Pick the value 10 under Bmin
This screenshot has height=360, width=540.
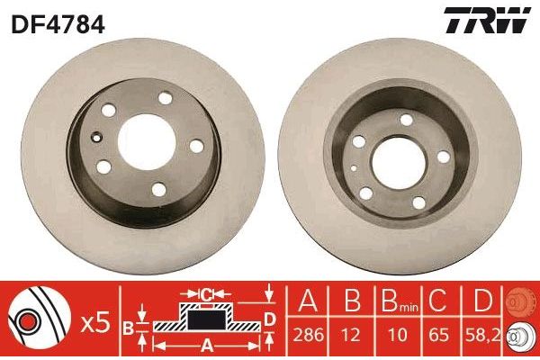coord(393,334)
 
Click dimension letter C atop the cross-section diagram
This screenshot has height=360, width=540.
coord(205,292)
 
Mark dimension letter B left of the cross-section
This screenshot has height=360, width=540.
coord(129,326)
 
